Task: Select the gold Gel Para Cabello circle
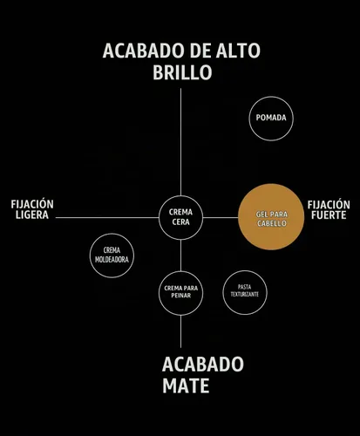point(271,217)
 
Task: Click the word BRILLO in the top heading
point(182,72)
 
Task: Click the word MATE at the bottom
point(186,385)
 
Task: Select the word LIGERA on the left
point(32,215)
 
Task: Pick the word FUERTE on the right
point(329,215)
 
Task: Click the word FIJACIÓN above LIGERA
point(32,204)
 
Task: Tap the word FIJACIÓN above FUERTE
point(329,205)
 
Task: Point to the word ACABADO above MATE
point(203,364)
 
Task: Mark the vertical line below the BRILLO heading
point(180,142)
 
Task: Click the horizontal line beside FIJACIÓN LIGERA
point(107,217)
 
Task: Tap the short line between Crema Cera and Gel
point(221,217)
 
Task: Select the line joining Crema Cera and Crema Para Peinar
point(180,255)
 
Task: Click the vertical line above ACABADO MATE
point(180,331)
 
